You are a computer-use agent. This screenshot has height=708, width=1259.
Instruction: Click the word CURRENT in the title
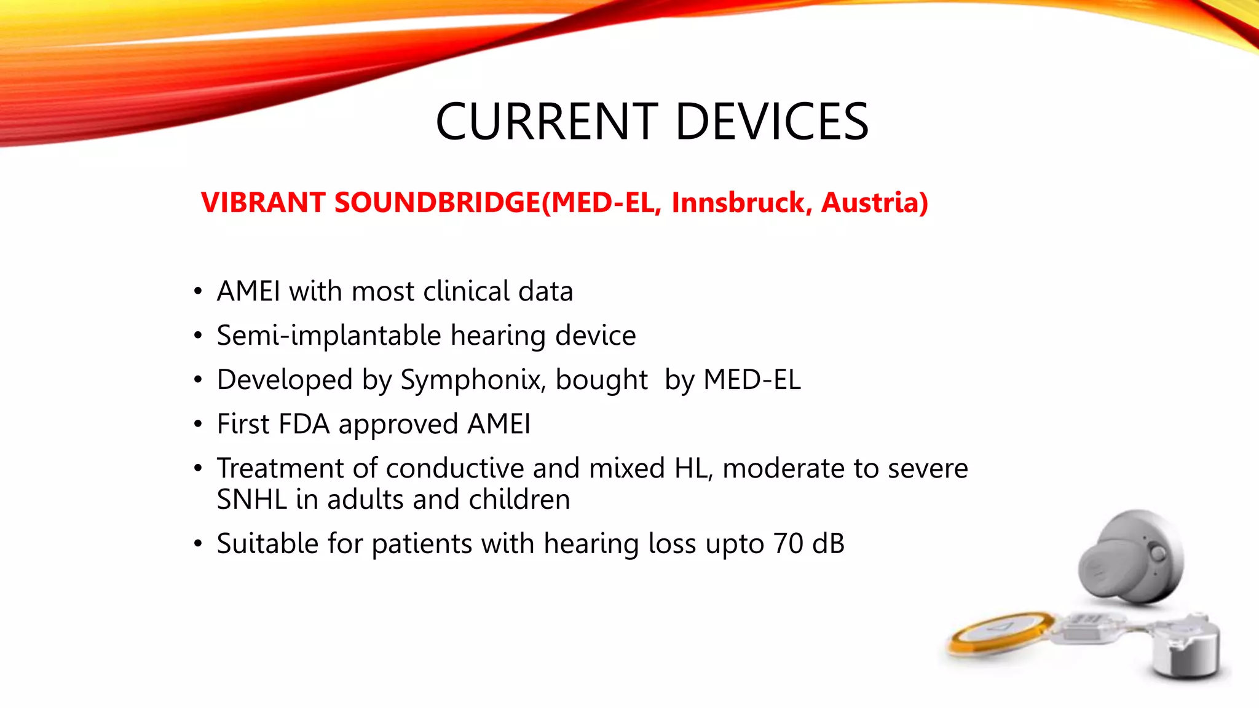coord(547,122)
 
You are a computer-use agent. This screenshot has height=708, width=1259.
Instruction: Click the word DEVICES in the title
coord(772,122)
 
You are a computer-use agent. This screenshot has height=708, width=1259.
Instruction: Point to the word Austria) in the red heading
coord(875,203)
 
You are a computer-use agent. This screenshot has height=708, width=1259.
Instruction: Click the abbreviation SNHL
coord(251,500)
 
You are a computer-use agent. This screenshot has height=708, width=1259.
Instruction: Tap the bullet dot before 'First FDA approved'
coord(197,425)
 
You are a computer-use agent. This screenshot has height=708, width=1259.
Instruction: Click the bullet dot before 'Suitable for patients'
coord(197,544)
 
